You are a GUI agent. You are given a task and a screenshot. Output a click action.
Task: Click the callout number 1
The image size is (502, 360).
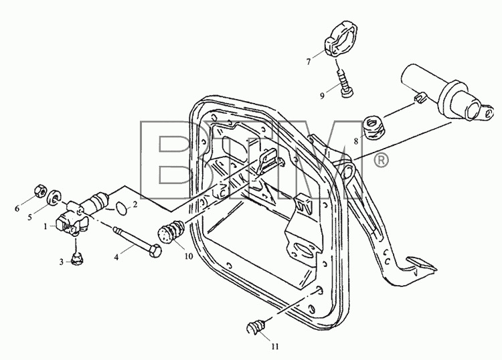(46, 226)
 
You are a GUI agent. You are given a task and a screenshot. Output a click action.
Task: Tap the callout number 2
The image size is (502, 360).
(135, 204)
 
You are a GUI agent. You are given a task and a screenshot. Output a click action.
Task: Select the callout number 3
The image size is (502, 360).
(61, 262)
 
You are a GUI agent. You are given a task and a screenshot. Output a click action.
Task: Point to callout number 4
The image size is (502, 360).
(116, 257)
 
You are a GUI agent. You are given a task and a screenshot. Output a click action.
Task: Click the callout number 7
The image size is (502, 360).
(309, 62)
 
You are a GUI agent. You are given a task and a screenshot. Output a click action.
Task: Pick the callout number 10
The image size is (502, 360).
(189, 256)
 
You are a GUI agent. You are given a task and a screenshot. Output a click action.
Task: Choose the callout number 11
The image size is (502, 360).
(275, 346)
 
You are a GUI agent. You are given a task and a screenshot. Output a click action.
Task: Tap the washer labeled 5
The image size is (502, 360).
(54, 197)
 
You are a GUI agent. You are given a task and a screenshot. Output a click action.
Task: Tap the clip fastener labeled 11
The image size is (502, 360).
(256, 327)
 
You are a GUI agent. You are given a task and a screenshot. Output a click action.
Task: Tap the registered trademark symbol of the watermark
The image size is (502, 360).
(380, 161)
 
